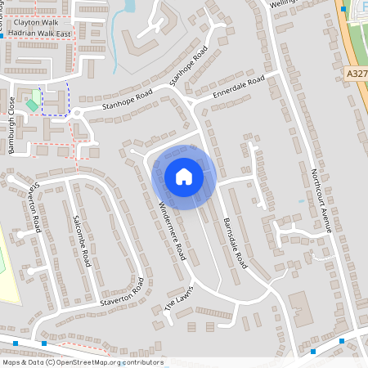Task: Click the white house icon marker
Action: [x=184, y=177]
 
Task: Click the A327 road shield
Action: [x=357, y=74]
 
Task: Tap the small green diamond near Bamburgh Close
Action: [x=32, y=104]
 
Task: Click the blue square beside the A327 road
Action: [x=343, y=9]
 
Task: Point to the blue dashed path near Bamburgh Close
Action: [x=66, y=102]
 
